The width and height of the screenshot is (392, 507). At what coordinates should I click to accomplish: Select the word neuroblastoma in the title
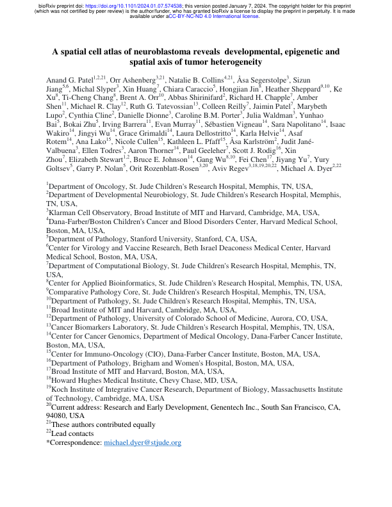pos(158,51)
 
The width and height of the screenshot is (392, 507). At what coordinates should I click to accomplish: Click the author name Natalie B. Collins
pos(198,78)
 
